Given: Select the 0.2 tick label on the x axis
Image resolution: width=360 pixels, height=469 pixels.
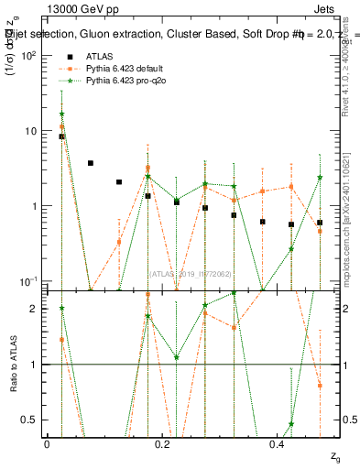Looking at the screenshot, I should pyautogui.click(x=163, y=443).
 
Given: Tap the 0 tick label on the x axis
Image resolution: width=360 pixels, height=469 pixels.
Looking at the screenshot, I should pyautogui.click(x=47, y=443).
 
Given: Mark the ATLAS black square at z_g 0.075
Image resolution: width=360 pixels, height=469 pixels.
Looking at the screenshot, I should pyautogui.click(x=90, y=163).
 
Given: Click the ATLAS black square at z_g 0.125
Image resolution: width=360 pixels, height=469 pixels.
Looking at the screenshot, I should pyautogui.click(x=119, y=182).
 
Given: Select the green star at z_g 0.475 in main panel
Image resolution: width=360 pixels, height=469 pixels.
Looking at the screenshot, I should pyautogui.click(x=320, y=178).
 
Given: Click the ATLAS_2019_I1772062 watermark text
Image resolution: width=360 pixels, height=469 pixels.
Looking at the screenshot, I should pyautogui.click(x=191, y=272).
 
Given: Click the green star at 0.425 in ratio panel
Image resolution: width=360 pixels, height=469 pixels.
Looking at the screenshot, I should pyautogui.click(x=291, y=424).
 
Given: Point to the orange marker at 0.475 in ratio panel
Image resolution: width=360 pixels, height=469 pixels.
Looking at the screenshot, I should pyautogui.click(x=320, y=386).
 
